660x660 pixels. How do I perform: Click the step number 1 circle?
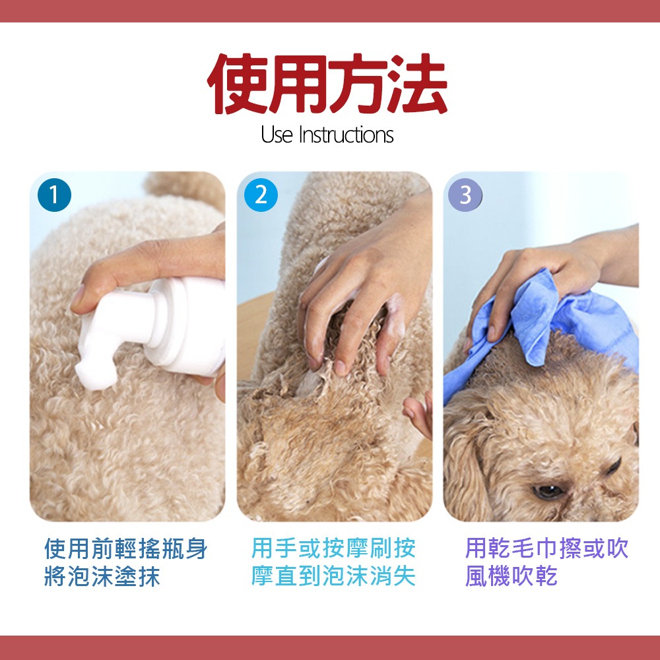(x=54, y=195)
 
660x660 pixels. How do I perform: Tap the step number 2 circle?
(x=261, y=195)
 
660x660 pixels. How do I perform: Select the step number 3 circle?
(x=465, y=195)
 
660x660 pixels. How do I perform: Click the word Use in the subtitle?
(x=277, y=135)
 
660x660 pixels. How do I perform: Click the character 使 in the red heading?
(x=238, y=84)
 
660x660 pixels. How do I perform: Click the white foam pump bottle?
(x=156, y=330)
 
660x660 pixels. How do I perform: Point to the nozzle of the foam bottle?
(x=96, y=370)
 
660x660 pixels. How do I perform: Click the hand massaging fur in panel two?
(x=362, y=294)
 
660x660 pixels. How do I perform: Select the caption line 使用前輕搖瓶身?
(x=126, y=548)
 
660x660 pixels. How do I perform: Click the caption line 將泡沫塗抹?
(x=102, y=576)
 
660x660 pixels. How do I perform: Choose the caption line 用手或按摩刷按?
(x=333, y=548)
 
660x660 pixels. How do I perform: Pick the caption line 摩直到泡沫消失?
(x=333, y=576)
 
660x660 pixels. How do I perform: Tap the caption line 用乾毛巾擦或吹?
(x=546, y=548)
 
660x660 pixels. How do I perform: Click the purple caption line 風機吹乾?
(x=511, y=576)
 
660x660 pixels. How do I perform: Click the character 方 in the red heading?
(x=358, y=84)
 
